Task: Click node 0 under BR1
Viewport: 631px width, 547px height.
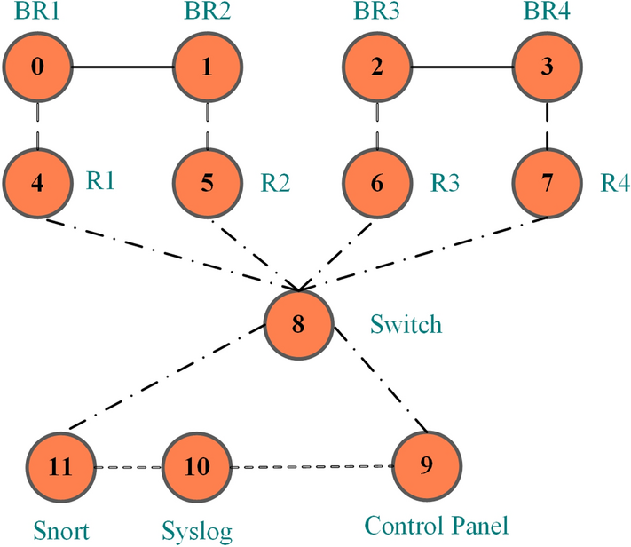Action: tap(37, 67)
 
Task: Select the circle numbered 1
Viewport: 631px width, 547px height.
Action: tap(208, 67)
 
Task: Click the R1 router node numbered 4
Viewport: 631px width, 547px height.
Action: tap(37, 183)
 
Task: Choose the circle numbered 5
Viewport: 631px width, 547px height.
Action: tap(208, 183)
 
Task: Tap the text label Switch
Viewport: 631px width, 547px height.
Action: tap(405, 325)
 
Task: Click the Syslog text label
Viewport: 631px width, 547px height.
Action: tap(197, 532)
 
